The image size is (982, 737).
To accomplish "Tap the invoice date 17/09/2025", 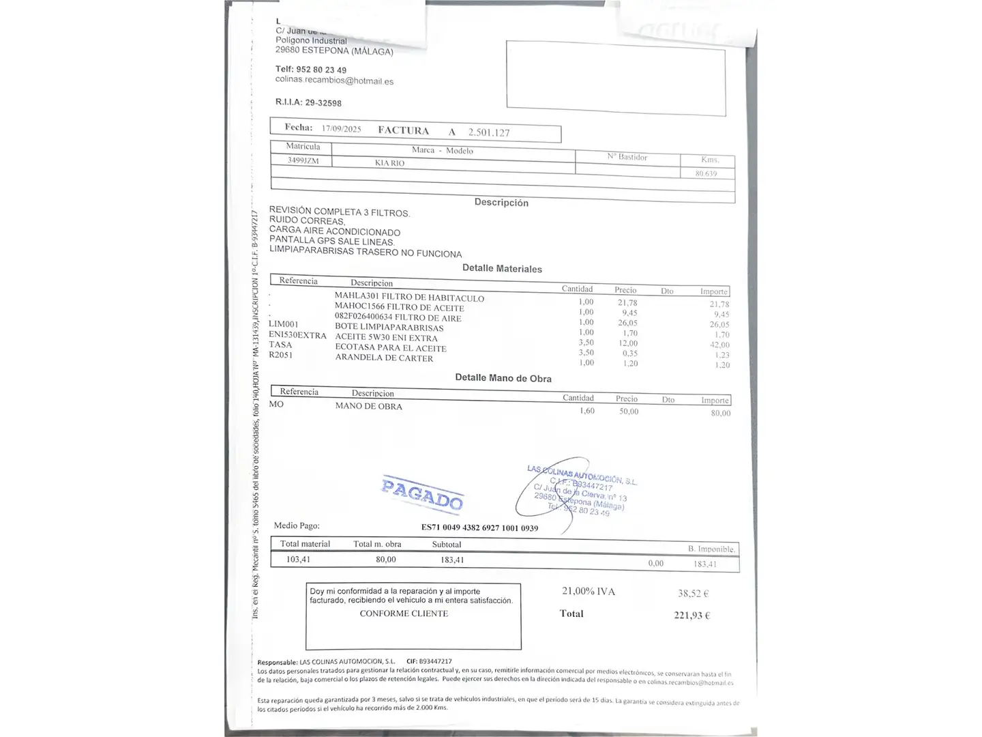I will [x=341, y=129].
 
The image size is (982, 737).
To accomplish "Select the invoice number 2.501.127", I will [x=489, y=132].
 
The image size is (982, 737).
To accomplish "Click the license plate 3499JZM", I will [x=303, y=160].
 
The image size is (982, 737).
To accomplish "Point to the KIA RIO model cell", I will [x=389, y=163].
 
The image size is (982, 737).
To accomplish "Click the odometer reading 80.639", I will [x=706, y=173].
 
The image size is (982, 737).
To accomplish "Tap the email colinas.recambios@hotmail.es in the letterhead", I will [x=334, y=80].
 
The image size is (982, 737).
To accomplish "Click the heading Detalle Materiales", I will [x=502, y=268].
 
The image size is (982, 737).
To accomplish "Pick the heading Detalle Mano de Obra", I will [x=503, y=378].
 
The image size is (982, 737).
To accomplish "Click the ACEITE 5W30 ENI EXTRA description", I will [x=386, y=337].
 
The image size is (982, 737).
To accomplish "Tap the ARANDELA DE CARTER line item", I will [x=384, y=358].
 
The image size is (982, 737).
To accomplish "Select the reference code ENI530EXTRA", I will [x=297, y=334].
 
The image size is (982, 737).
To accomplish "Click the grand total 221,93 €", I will [x=691, y=616].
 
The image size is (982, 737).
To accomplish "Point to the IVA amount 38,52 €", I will [x=693, y=594].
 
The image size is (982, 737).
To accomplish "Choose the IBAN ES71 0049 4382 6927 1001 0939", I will [x=479, y=528].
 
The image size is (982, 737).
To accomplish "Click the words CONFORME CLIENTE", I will [x=404, y=613].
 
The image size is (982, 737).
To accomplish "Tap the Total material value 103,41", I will [x=298, y=560].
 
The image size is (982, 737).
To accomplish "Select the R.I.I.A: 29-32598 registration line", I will [x=308, y=102].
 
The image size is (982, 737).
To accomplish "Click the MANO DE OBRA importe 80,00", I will [x=720, y=413].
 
